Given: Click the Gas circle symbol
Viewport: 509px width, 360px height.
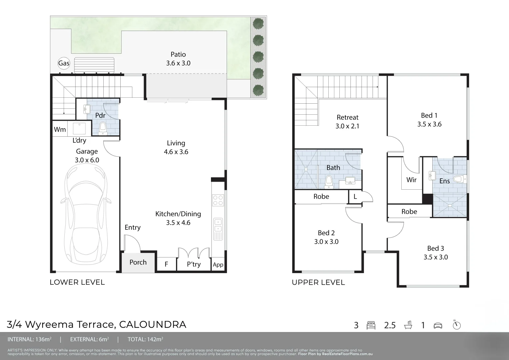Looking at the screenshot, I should point(64,63).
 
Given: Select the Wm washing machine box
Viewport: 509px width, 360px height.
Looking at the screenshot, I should point(60,129).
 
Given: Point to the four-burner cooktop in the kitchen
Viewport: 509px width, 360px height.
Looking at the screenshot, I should point(218,200).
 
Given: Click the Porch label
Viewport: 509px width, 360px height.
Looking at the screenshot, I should point(138,262).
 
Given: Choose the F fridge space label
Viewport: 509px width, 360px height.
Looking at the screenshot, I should point(166,265).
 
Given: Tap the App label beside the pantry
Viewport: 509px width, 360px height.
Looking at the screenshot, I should point(218,265).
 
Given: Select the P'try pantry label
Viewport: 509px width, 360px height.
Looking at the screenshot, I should point(194,264).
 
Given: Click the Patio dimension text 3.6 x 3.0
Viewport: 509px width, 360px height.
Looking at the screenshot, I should point(178,63).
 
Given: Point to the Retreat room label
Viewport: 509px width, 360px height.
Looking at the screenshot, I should point(347,117).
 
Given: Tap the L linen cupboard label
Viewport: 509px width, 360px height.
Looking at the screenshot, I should point(355,197).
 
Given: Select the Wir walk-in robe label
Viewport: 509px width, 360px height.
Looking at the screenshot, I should point(411,180).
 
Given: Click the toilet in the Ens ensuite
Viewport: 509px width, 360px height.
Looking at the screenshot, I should point(460,179).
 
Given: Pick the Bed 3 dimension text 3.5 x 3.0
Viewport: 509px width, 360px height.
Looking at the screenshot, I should point(436,257).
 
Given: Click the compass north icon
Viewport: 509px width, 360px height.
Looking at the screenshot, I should point(457,325).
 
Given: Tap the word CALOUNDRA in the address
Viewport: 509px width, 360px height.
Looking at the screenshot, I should point(152,324).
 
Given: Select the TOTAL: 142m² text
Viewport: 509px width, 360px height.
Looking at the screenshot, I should point(145,340).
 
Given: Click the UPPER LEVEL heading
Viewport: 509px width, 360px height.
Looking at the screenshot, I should point(318,283).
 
